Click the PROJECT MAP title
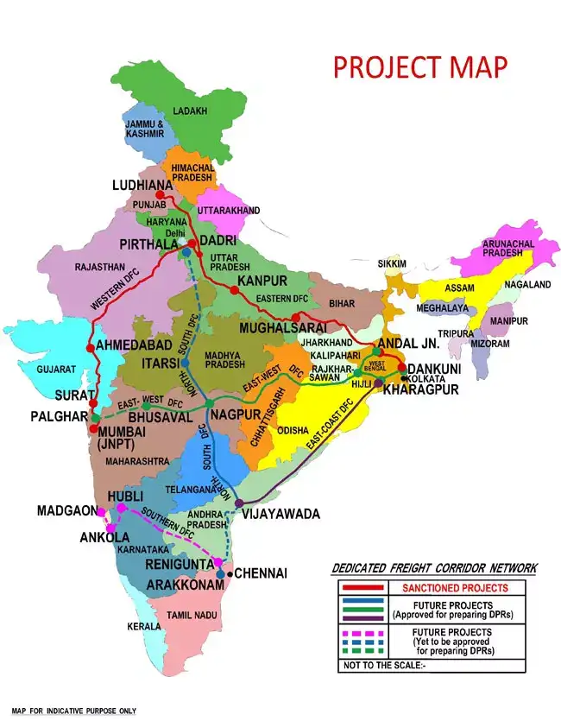tap(420, 66)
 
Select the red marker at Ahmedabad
tap(91, 347)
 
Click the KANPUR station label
tap(262, 281)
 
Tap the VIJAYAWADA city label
tap(280, 514)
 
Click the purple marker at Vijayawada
tap(239, 503)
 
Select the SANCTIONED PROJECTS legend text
tap(435, 587)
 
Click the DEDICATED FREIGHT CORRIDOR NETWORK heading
tap(434, 568)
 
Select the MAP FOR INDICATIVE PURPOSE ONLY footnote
tap(73, 711)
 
